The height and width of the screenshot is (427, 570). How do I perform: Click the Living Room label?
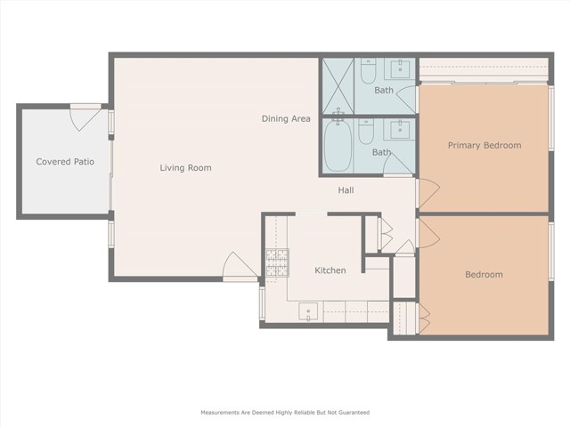pos(185,168)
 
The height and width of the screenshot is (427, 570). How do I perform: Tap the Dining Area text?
pos(286,118)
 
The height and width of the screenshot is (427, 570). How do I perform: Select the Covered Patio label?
pos(65,162)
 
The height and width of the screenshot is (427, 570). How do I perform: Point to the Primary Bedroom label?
pos(484,145)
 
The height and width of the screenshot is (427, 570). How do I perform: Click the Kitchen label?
pos(330,270)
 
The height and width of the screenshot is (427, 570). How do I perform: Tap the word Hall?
pos(346,189)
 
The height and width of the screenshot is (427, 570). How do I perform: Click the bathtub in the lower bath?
pos(338,145)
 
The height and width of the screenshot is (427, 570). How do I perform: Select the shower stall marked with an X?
pos(338,86)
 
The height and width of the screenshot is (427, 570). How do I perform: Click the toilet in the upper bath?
pos(368,71)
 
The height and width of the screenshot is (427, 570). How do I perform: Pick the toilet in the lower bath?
pos(366,132)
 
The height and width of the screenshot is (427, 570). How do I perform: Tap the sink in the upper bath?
pos(400,69)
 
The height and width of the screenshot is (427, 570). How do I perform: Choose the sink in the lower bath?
pos(400,130)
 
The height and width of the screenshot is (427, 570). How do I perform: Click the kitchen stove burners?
pos(277,263)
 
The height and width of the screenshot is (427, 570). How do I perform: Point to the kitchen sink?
pos(308,312)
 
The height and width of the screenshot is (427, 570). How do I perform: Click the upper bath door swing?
pos(406,100)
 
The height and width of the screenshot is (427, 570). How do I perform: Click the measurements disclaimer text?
pos(285,413)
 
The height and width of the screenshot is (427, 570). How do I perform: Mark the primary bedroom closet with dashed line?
pos(484,70)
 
